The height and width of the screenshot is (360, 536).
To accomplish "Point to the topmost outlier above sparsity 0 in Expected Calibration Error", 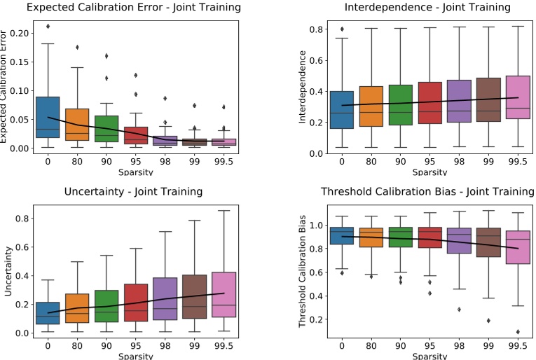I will pyautogui.click(x=48, y=27).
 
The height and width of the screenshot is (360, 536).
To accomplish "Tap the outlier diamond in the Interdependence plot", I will pyautogui.click(x=341, y=29).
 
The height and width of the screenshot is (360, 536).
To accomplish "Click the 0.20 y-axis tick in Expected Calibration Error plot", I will pyautogui.click(x=20, y=33).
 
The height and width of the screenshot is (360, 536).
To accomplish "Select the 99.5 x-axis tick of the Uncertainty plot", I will pyautogui.click(x=224, y=345).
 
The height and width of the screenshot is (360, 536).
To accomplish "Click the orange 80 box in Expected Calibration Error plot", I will pyautogui.click(x=77, y=124).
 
